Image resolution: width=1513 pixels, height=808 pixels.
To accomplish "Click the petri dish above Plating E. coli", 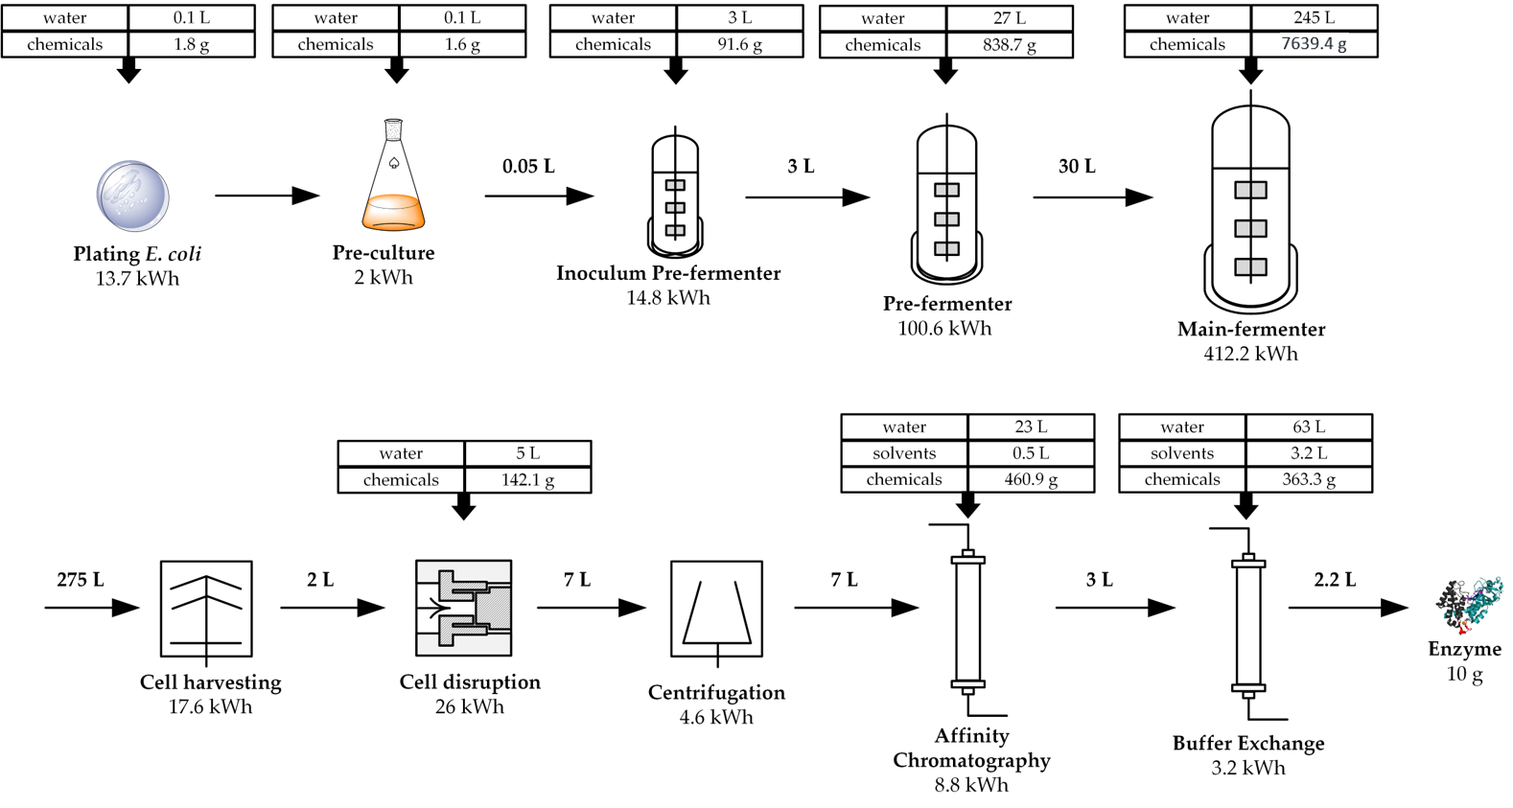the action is (132, 196).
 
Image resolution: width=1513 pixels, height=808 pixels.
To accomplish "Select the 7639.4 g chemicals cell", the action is (1314, 44).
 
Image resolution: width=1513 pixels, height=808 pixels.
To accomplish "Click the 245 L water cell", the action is (1314, 17).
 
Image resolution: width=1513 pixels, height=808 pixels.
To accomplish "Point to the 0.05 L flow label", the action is (528, 166).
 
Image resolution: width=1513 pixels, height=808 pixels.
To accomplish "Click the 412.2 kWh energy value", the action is (1250, 354).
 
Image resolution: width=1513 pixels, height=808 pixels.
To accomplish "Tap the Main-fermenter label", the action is (1251, 329).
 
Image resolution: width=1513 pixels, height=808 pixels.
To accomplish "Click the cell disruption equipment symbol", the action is (463, 608).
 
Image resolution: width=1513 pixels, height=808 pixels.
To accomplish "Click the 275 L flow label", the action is (81, 580).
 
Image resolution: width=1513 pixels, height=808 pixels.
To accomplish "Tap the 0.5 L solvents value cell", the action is (1031, 453).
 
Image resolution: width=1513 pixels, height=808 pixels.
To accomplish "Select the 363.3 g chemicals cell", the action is (1309, 479).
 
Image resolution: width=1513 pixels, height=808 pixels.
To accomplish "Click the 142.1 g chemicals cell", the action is (527, 480).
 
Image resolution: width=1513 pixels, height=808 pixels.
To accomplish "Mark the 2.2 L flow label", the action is (1335, 580).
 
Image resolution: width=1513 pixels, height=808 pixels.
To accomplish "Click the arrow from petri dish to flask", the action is (267, 196).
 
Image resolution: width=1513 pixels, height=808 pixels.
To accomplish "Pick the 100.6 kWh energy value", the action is (944, 328).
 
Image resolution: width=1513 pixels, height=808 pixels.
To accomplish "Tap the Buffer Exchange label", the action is (1248, 743).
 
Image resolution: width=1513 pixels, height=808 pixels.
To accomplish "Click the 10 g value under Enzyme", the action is (1464, 675).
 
